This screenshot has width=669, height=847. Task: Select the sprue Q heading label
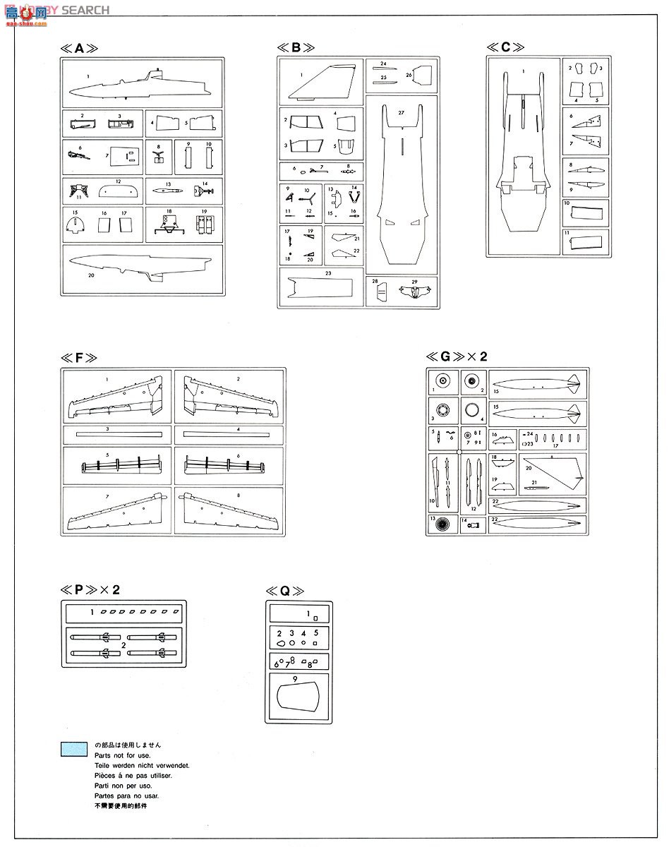pyautogui.click(x=285, y=591)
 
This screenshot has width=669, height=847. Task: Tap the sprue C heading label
pyautogui.click(x=505, y=47)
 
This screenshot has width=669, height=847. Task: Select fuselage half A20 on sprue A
pyautogui.click(x=141, y=266)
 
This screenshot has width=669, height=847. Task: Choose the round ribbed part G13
pyautogui.click(x=442, y=524)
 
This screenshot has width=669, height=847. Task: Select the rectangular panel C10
pyautogui.click(x=585, y=212)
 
